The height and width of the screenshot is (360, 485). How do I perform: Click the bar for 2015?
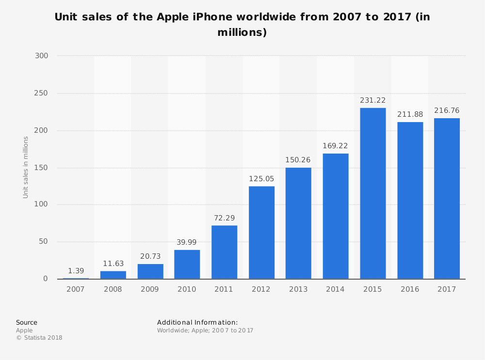coord(372,193)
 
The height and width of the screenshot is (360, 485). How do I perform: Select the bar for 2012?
coord(261,233)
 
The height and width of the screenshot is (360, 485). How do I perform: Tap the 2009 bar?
coord(150,271)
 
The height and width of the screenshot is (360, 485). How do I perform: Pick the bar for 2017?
coord(447,199)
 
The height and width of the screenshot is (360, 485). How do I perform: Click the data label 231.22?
coord(372,100)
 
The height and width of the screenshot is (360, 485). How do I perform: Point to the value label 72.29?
coord(224,218)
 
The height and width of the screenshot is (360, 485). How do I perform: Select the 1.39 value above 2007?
coord(76,271)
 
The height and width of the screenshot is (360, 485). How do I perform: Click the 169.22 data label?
coord(335,146)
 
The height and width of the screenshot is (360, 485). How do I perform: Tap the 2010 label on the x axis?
coord(187,289)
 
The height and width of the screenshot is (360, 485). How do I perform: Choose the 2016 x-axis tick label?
coord(410,289)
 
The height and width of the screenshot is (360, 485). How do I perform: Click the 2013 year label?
coord(298,289)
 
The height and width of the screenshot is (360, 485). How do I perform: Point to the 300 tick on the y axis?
coord(42,56)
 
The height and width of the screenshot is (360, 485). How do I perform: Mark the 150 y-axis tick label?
coord(42,168)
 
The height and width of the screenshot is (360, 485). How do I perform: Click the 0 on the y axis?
coord(46,279)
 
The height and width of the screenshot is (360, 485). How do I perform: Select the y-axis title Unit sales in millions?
coord(26,167)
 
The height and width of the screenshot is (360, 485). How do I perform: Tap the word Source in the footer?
coord(27,323)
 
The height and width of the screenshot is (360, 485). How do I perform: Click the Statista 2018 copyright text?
coord(39,338)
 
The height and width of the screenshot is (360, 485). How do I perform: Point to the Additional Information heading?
coord(197,323)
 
